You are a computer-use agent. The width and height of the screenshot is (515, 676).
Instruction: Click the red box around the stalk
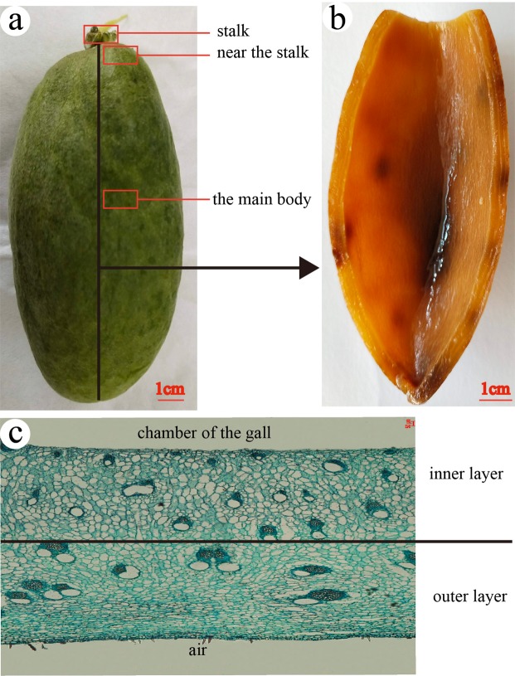100,34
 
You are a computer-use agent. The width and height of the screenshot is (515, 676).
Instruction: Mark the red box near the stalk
120,56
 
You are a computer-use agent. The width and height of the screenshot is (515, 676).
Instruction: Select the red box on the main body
119,199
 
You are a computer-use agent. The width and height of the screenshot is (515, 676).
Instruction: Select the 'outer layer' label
468,596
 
